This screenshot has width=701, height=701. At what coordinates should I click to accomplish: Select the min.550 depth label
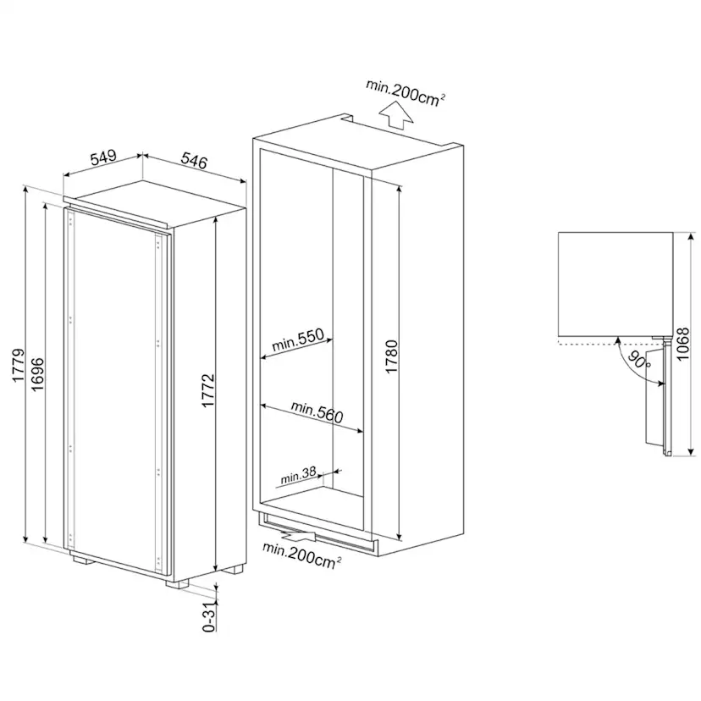pyautogui.click(x=298, y=342)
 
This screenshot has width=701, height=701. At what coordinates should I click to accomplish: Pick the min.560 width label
pyautogui.click(x=317, y=414)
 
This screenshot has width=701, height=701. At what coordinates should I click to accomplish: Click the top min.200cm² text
pyautogui.click(x=406, y=91)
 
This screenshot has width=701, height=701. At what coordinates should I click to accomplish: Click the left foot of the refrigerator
pyautogui.click(x=82, y=559)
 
